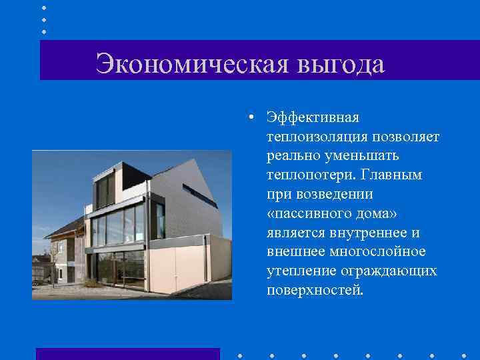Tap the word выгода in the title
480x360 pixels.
[341, 65]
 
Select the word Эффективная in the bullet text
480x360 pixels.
[313, 117]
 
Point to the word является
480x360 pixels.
[295, 233]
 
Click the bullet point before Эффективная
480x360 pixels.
[247, 118]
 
